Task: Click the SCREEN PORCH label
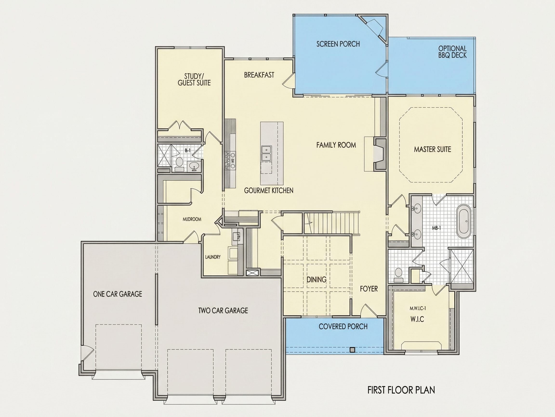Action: [x=338, y=44]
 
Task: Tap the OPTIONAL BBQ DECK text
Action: [x=452, y=52]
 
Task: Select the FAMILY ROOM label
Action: [x=336, y=145]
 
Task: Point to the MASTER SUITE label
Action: [x=432, y=149]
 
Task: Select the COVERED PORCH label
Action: [x=343, y=326]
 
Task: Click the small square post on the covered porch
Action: [x=352, y=349]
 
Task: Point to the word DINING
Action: [x=316, y=279]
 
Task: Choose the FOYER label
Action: [x=369, y=289]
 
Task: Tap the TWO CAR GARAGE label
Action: [x=223, y=310]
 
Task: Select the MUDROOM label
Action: [x=192, y=219]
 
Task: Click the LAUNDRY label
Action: [x=213, y=257]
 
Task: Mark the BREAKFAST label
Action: [x=259, y=75]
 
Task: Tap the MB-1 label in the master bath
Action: [x=436, y=228]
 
